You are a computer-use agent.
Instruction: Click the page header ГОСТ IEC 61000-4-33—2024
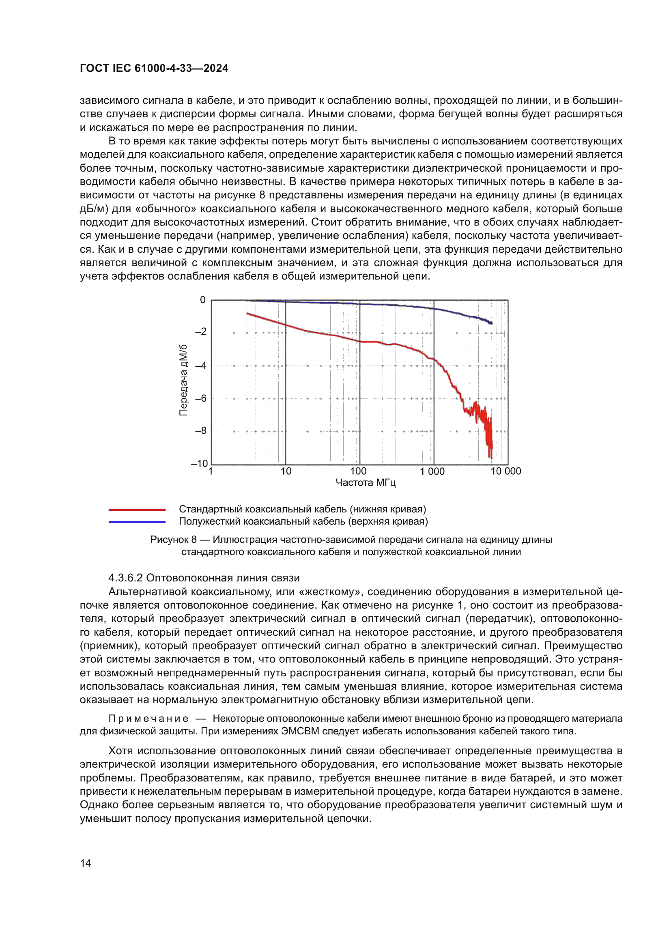154,68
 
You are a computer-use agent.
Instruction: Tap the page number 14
85,863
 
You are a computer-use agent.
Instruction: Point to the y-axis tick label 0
202,300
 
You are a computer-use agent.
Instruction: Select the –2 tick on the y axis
201,331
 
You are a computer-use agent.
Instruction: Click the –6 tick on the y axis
201,398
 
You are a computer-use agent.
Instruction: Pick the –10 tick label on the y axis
199,463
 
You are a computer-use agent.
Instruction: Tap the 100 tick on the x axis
358,471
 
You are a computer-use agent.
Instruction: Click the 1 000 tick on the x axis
432,471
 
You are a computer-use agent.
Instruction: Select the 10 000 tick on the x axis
506,471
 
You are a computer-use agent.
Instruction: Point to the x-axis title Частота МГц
366,483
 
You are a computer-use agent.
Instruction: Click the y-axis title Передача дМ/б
183,380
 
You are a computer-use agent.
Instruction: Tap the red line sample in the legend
137,510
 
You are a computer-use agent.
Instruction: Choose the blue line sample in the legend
137,522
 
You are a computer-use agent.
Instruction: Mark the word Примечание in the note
148,719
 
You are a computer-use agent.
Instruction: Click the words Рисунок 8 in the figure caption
173,540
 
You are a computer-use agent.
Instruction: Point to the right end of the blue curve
491,323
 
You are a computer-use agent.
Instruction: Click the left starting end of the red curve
247,314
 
